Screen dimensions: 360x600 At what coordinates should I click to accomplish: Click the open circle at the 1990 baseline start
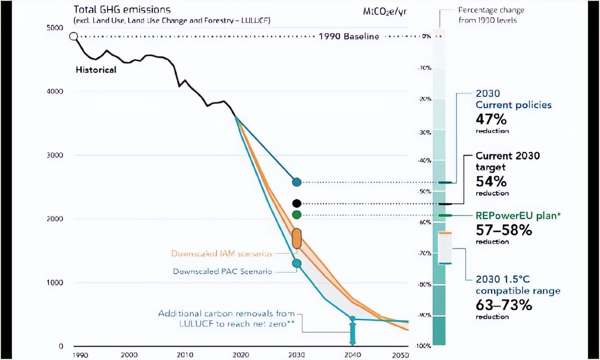pos(73,36)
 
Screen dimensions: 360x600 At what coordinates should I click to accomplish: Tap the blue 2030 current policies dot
pos(297,182)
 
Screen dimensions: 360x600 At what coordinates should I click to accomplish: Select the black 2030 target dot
pos(297,203)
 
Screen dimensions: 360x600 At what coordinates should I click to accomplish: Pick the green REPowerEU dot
pos(297,215)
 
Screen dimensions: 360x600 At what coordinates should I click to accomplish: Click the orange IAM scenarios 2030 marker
pos(297,239)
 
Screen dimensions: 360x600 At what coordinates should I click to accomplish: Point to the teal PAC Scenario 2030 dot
pos(297,264)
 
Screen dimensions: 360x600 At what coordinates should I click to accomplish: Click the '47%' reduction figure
pos(491,120)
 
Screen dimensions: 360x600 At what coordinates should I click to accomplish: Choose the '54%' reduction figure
pos(491,181)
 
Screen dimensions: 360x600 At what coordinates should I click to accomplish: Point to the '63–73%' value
pos(504,305)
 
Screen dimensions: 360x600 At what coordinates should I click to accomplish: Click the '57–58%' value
pos(504,230)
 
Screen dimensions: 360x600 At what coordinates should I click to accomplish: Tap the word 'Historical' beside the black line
pos(96,70)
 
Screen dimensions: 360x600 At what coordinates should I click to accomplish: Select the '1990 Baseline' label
pos(349,36)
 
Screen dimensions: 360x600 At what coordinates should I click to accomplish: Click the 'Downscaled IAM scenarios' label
pos(222,253)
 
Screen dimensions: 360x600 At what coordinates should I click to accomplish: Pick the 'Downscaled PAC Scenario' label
pos(223,271)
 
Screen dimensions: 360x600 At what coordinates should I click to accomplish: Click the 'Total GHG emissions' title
pos(122,10)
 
